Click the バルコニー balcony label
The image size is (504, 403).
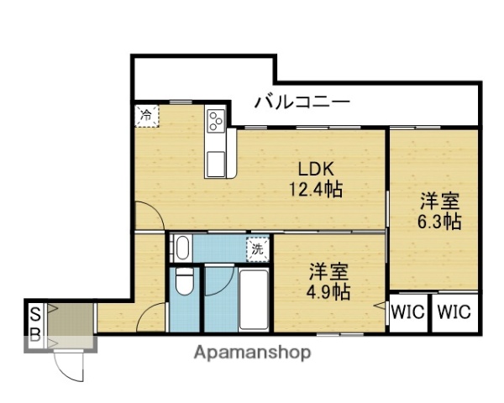[302, 103]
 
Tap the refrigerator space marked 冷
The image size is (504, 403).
[145, 114]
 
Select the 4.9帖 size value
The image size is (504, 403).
[328, 291]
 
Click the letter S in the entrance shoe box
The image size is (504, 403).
[34, 314]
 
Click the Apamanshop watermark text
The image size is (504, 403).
[251, 353]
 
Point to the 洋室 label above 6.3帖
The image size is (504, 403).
[439, 201]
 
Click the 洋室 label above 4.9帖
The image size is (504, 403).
[328, 271]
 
